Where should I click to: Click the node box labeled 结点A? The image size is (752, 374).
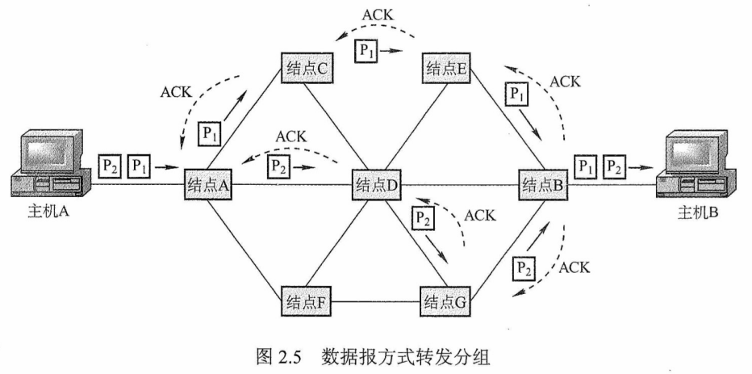click(208, 185)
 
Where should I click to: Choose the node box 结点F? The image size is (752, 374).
click(303, 303)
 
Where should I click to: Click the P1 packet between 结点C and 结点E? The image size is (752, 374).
click(367, 50)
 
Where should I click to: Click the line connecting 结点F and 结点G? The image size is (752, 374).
click(374, 303)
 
